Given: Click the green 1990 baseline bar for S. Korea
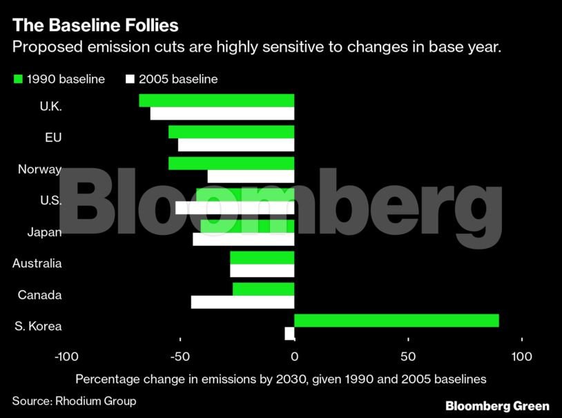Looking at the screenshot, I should (396, 321).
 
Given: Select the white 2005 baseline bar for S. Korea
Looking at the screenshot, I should (289, 334).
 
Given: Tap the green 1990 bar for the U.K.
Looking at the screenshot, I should (217, 101).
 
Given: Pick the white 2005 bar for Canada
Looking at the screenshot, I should (242, 302).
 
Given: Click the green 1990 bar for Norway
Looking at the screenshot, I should (231, 163).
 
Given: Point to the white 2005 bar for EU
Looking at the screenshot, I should (236, 145).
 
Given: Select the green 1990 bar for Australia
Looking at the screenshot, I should (262, 258).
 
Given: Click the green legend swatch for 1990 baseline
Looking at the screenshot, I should (18, 79).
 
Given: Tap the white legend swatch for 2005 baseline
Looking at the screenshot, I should (130, 79).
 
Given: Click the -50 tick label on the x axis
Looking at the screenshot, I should (180, 357).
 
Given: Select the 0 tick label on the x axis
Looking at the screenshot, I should (294, 357).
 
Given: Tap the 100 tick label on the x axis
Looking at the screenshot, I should (522, 357).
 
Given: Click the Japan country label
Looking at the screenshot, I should (44, 232).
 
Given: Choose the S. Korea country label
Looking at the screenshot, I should (38, 326).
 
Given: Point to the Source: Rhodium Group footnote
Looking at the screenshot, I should (74, 401).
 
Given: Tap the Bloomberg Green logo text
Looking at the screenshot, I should (497, 406).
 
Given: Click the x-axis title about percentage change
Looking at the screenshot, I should (281, 379).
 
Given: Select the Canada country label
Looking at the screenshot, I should (39, 295).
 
